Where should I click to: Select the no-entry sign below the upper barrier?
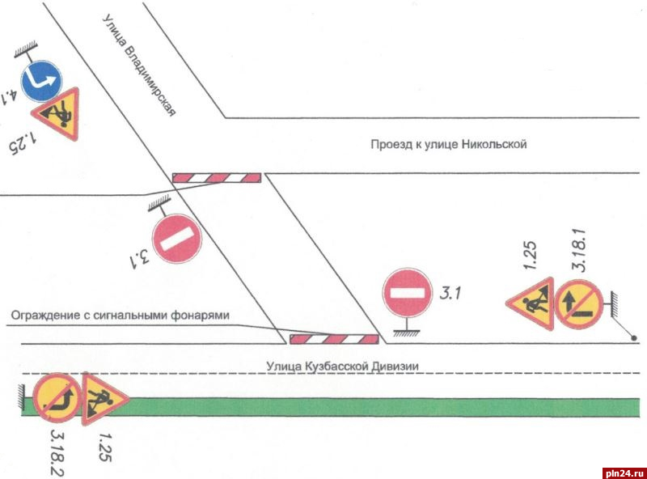click(176, 239)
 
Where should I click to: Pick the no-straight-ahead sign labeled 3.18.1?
click(577, 304)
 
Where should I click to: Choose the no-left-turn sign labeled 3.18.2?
click(57, 397)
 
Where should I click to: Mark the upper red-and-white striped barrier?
click(216, 177)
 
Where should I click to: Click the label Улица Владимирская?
click(139, 65)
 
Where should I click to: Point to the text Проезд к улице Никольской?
click(449, 146)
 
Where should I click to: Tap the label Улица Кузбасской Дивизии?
click(342, 366)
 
